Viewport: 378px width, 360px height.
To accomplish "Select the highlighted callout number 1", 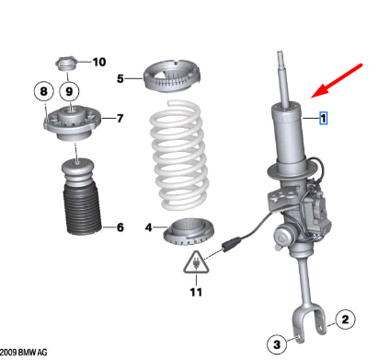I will (x=323, y=119).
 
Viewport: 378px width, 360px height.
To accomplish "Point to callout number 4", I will (x=149, y=226).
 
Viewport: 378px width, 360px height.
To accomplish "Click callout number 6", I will (x=120, y=227).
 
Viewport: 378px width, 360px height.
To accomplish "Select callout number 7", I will (x=120, y=119).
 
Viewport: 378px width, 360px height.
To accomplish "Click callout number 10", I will (x=99, y=62).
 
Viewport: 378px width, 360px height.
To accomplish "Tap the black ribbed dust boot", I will (x=81, y=221).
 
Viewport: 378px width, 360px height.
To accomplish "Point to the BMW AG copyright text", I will (x=23, y=353).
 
